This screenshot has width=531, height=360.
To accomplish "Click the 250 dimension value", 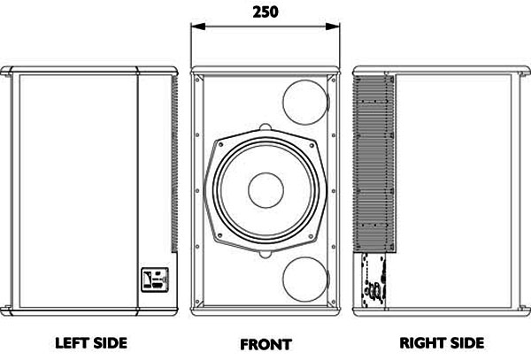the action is (265, 11).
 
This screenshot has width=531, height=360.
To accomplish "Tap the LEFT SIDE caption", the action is (91, 343).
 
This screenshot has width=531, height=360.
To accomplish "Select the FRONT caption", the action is (265, 345).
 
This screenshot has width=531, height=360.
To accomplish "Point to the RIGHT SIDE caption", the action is (442, 343).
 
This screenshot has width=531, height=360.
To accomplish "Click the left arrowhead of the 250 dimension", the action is (198, 27).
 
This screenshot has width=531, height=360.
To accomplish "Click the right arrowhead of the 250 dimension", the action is (332, 27).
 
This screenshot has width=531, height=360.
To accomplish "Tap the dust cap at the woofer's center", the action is (265, 190).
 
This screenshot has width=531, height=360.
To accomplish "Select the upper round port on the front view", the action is (305, 103).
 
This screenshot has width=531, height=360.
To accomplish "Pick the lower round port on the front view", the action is (305, 280).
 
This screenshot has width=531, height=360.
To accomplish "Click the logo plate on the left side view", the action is (155, 280).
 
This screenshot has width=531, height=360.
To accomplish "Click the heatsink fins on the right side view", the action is (373, 165).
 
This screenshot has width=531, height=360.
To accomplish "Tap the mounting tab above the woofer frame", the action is (265, 127).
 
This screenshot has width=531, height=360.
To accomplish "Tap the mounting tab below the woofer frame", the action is (265, 254).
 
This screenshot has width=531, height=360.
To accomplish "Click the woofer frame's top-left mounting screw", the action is (220, 144).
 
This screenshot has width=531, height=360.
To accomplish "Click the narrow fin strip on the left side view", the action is (174, 165).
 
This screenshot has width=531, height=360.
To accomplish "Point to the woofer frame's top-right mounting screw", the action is (311, 145).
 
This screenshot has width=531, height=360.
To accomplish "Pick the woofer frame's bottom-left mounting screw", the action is (220, 235).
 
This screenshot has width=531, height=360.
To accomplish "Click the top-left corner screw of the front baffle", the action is (197, 80).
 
